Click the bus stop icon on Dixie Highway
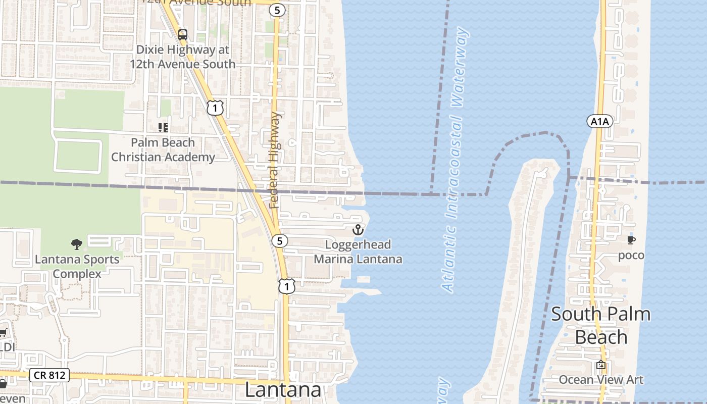pos(183,35)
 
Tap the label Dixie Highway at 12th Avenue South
pos(182,57)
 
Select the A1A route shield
pos(599,121)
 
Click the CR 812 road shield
pos(49,375)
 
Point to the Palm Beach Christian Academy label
pos(163,150)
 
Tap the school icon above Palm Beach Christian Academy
pos(163,127)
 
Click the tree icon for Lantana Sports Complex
pos(77,245)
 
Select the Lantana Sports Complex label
pos(77,267)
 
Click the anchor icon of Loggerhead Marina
pos(358,230)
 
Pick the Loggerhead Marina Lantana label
pos(358,252)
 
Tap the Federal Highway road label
pos(274,161)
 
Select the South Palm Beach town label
pos(600,325)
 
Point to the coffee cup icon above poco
pos(631,240)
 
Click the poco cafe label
pos(631,255)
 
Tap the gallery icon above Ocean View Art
pos(601,365)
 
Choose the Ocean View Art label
pos(601,380)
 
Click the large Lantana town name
pos(283,390)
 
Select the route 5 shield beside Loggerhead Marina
pos(279,241)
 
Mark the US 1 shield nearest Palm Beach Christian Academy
pos(215,107)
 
